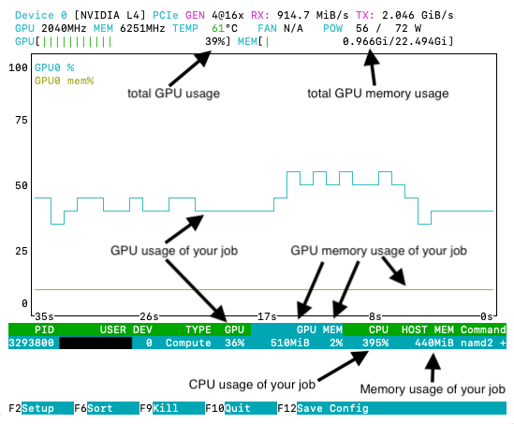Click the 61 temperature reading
pos(217,28)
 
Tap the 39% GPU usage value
pos(214,41)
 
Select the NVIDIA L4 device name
pos(110,15)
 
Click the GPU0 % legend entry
pos(54,67)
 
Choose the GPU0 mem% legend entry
pos(65,80)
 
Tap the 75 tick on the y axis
pos(22,120)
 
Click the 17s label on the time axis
pos(267,316)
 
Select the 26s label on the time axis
pos(149,316)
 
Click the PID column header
pos(44,329)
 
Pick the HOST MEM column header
pos(428,329)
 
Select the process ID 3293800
pos(31,343)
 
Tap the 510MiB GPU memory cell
pos(290,343)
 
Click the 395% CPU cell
pos(375,343)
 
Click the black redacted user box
pos(95,343)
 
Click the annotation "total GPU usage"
pos(173,94)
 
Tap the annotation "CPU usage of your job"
pos(252,384)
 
